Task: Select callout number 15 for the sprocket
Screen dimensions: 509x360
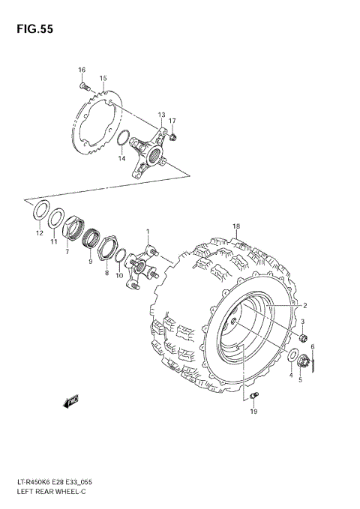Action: click(103, 78)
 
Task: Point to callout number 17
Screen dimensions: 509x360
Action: click(172, 121)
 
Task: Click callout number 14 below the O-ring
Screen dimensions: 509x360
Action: click(121, 158)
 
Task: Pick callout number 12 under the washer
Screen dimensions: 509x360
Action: click(40, 233)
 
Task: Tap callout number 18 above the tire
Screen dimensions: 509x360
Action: click(235, 226)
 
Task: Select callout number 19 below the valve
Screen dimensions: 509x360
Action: click(253, 412)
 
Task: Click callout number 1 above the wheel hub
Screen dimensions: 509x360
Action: click(148, 232)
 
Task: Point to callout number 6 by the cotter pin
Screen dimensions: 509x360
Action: click(313, 346)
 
